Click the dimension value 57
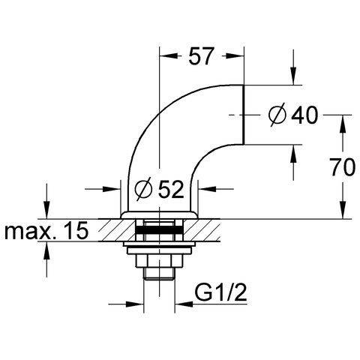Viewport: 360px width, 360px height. click(200, 56)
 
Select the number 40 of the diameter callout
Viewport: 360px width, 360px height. click(305, 115)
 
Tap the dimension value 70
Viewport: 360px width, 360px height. click(343, 167)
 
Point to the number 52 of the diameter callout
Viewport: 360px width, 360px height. click(172, 189)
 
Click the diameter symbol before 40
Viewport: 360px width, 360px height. click(277, 115)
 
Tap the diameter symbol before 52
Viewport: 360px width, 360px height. click(143, 189)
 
